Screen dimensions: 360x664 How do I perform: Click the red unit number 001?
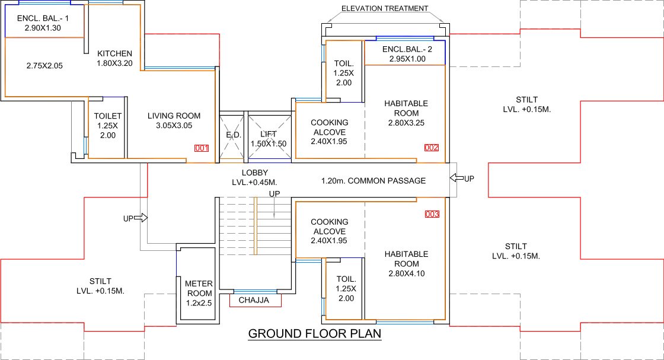(202, 148)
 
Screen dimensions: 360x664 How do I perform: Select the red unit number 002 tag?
(432, 148)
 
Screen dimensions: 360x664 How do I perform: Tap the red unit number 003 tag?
(432, 214)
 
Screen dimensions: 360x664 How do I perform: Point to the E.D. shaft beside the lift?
(232, 136)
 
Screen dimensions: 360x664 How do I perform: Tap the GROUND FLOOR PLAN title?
(314, 334)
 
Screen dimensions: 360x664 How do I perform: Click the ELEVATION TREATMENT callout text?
(385, 9)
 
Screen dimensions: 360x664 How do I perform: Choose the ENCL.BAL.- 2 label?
(407, 49)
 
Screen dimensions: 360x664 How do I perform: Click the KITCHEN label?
(114, 53)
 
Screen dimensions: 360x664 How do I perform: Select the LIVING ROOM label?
(174, 116)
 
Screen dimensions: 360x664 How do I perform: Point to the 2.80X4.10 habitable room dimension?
(406, 273)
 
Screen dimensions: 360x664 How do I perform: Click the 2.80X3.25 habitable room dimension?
(406, 123)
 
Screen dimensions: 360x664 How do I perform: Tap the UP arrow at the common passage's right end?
(462, 179)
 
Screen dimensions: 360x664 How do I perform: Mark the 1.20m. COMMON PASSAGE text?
(373, 180)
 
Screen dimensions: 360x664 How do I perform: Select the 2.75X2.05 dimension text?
(45, 65)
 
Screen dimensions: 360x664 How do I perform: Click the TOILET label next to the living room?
(107, 116)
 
